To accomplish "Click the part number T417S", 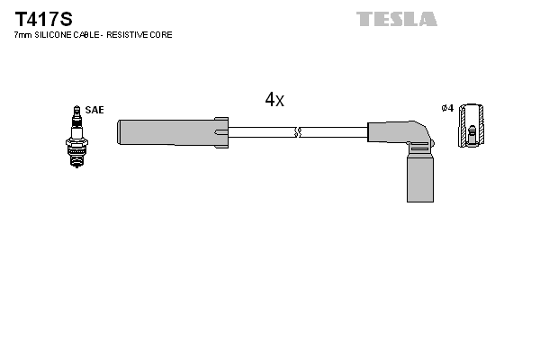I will (x=40, y=17).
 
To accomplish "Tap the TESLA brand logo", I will (x=396, y=18).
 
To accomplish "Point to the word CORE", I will (x=161, y=34).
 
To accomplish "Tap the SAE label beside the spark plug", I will (x=96, y=110).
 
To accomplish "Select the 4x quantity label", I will (x=274, y=100).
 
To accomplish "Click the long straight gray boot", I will (x=166, y=131).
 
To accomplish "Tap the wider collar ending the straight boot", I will (x=221, y=131).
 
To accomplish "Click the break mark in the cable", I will (x=300, y=131).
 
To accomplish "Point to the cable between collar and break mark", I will (x=261, y=131).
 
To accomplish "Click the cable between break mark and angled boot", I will (x=333, y=131).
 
